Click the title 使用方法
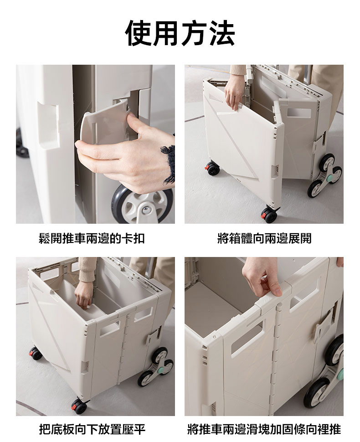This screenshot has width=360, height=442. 180,33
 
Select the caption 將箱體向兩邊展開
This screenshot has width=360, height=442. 264,238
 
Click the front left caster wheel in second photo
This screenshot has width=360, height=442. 212,169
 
